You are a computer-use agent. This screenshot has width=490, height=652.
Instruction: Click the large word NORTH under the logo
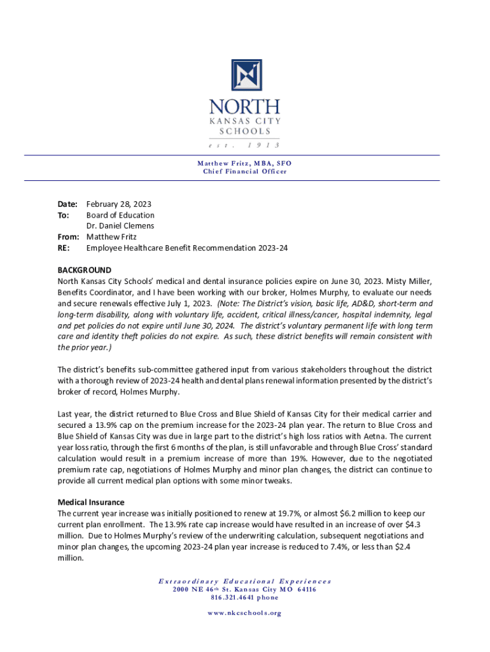[x=245, y=106]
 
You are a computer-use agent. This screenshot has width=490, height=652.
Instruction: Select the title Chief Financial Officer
[x=245, y=171]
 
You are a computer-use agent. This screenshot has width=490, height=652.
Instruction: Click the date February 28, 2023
[x=119, y=204]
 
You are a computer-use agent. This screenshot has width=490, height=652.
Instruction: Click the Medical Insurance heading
[x=91, y=502]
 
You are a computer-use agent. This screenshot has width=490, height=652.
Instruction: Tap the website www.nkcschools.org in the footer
[x=245, y=613]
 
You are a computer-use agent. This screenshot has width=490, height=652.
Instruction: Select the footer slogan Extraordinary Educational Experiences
[x=245, y=581]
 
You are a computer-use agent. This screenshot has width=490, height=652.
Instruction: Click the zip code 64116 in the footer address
[x=304, y=590]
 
